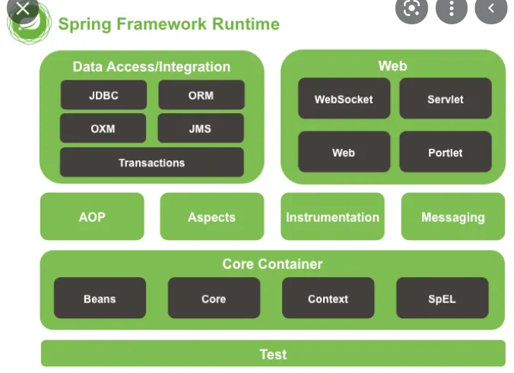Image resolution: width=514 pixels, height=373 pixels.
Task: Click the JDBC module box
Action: coord(103,95)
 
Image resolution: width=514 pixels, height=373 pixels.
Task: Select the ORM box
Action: coord(201,95)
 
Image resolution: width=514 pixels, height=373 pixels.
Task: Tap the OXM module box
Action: coord(103,128)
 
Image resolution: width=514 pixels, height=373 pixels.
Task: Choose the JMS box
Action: coord(201,128)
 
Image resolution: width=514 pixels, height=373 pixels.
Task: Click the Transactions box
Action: coord(152,163)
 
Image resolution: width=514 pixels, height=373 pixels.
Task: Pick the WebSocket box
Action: coord(344,98)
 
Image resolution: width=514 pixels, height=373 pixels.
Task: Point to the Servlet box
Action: coord(446,98)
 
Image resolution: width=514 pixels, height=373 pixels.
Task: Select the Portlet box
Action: coord(446,152)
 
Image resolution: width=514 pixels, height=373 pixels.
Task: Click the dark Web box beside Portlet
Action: coord(344,152)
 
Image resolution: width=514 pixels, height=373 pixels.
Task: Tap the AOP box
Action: coord(92,217)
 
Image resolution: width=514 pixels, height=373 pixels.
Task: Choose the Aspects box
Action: coord(212,217)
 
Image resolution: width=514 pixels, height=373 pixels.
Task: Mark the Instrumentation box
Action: coord(333,217)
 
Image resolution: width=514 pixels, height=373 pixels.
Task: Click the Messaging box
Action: coord(453,217)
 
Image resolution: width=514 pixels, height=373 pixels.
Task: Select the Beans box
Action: coord(100,298)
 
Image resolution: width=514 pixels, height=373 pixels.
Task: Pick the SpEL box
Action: coord(443,298)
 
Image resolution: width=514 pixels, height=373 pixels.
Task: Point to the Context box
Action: coord(328,298)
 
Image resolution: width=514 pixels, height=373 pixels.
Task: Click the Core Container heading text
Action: coord(272,264)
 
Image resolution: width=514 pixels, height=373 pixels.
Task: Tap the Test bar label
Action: coord(274,354)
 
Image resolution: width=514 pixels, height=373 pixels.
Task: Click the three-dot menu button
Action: coord(452,9)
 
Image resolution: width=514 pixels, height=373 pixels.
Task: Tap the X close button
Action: coord(23,9)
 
